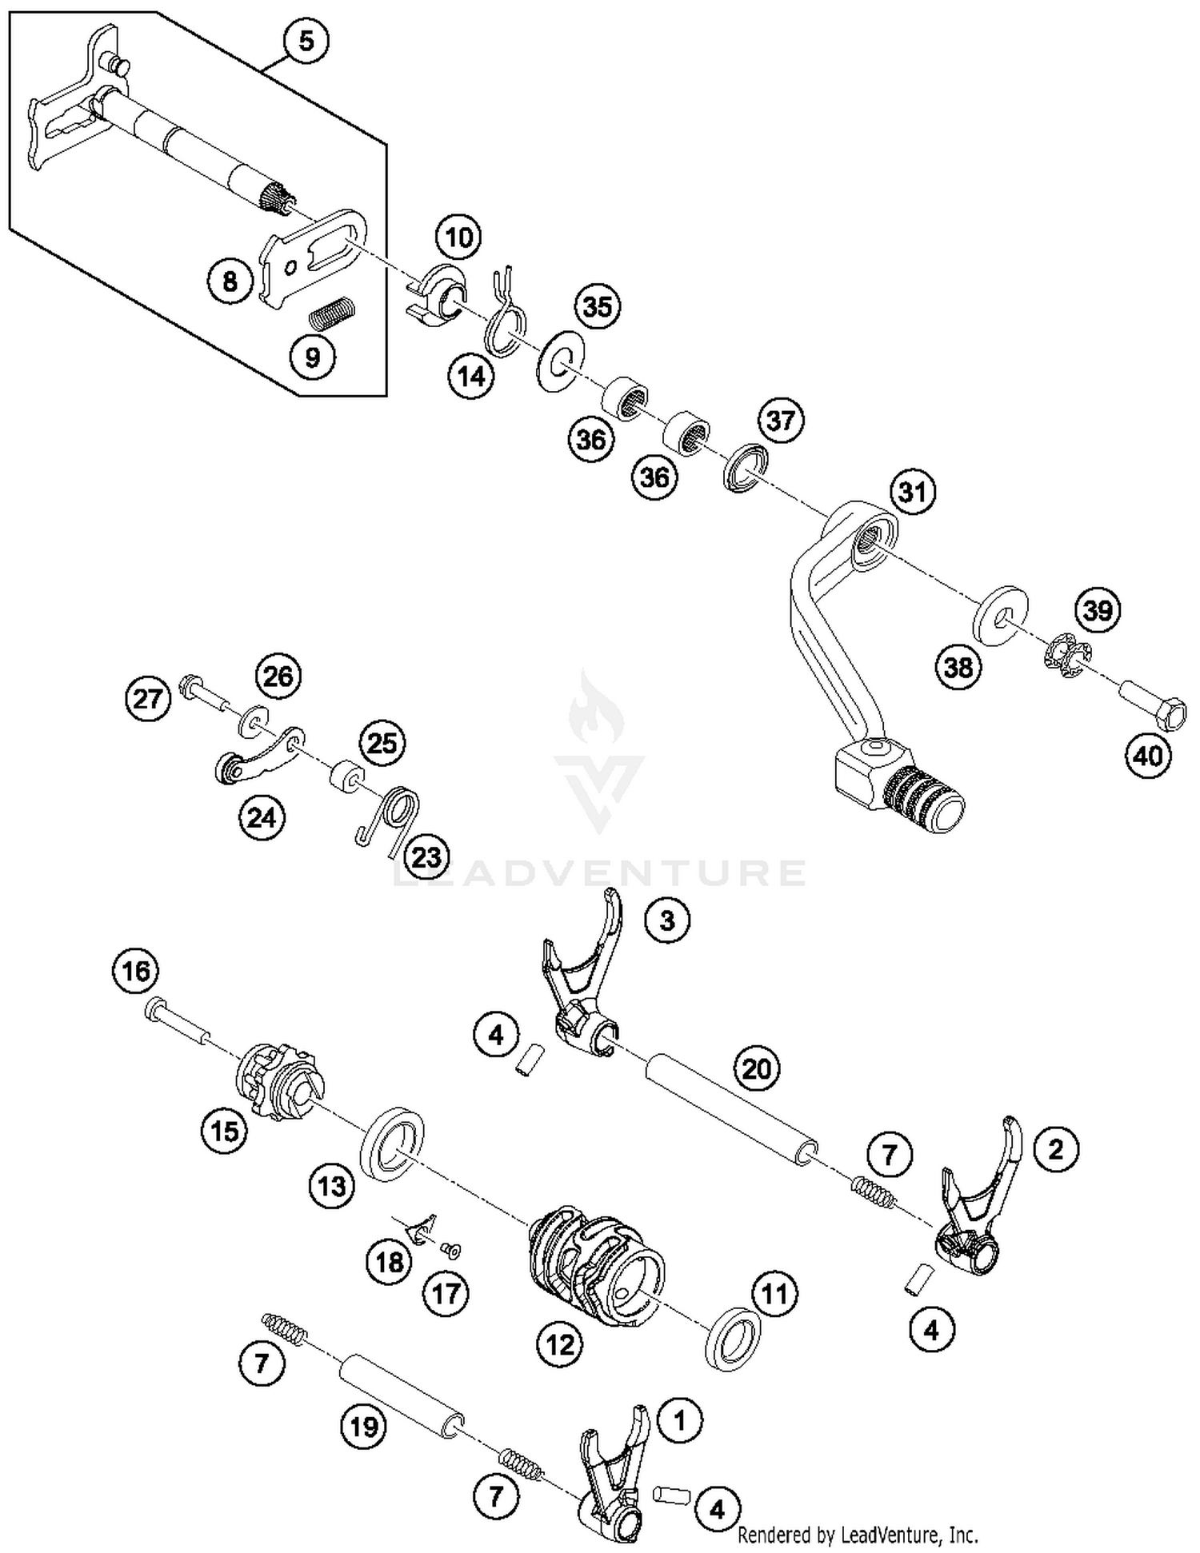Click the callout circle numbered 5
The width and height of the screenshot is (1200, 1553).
306,41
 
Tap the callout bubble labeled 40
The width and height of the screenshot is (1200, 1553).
1148,754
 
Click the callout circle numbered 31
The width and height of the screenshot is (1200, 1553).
912,492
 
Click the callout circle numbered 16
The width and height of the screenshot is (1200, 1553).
136,971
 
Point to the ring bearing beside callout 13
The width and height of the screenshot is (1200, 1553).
392,1142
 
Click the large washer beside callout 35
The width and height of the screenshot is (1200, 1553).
561,360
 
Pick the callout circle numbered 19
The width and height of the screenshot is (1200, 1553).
364,1426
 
